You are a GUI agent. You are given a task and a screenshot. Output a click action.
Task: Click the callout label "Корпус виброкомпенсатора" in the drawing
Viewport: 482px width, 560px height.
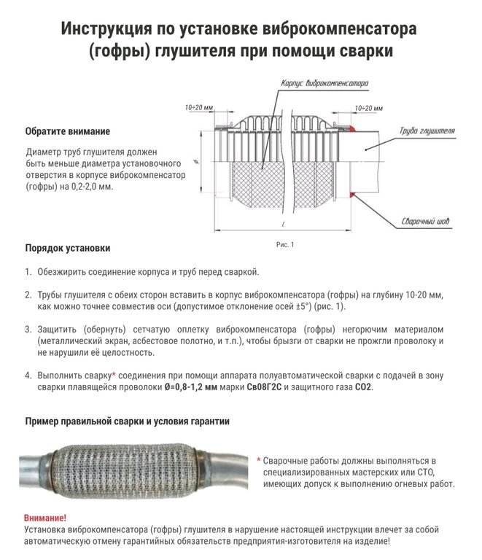pyautogui.click(x=324, y=84)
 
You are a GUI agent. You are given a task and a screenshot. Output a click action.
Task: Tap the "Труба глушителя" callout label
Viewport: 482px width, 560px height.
pyautogui.click(x=427, y=131)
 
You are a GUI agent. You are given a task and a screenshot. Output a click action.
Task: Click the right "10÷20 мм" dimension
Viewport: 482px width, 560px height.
pyautogui.click(x=368, y=107)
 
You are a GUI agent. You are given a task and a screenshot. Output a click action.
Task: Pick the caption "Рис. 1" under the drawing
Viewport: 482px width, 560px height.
pyautogui.click(x=284, y=245)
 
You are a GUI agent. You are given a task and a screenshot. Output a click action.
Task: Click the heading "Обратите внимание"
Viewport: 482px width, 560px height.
pyautogui.click(x=67, y=132)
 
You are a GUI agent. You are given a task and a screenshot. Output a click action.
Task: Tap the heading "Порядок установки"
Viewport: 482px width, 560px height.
pyautogui.click(x=68, y=248)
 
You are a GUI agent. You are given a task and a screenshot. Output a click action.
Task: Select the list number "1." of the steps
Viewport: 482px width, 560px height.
pyautogui.click(x=27, y=272)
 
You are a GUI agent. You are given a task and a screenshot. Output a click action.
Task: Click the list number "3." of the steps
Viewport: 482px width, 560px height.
pyautogui.click(x=27, y=328)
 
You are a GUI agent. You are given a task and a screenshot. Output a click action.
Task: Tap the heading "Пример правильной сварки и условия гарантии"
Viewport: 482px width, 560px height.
pyautogui.click(x=128, y=421)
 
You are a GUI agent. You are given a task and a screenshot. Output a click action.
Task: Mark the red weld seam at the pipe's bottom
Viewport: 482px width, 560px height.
pyautogui.click(x=352, y=195)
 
